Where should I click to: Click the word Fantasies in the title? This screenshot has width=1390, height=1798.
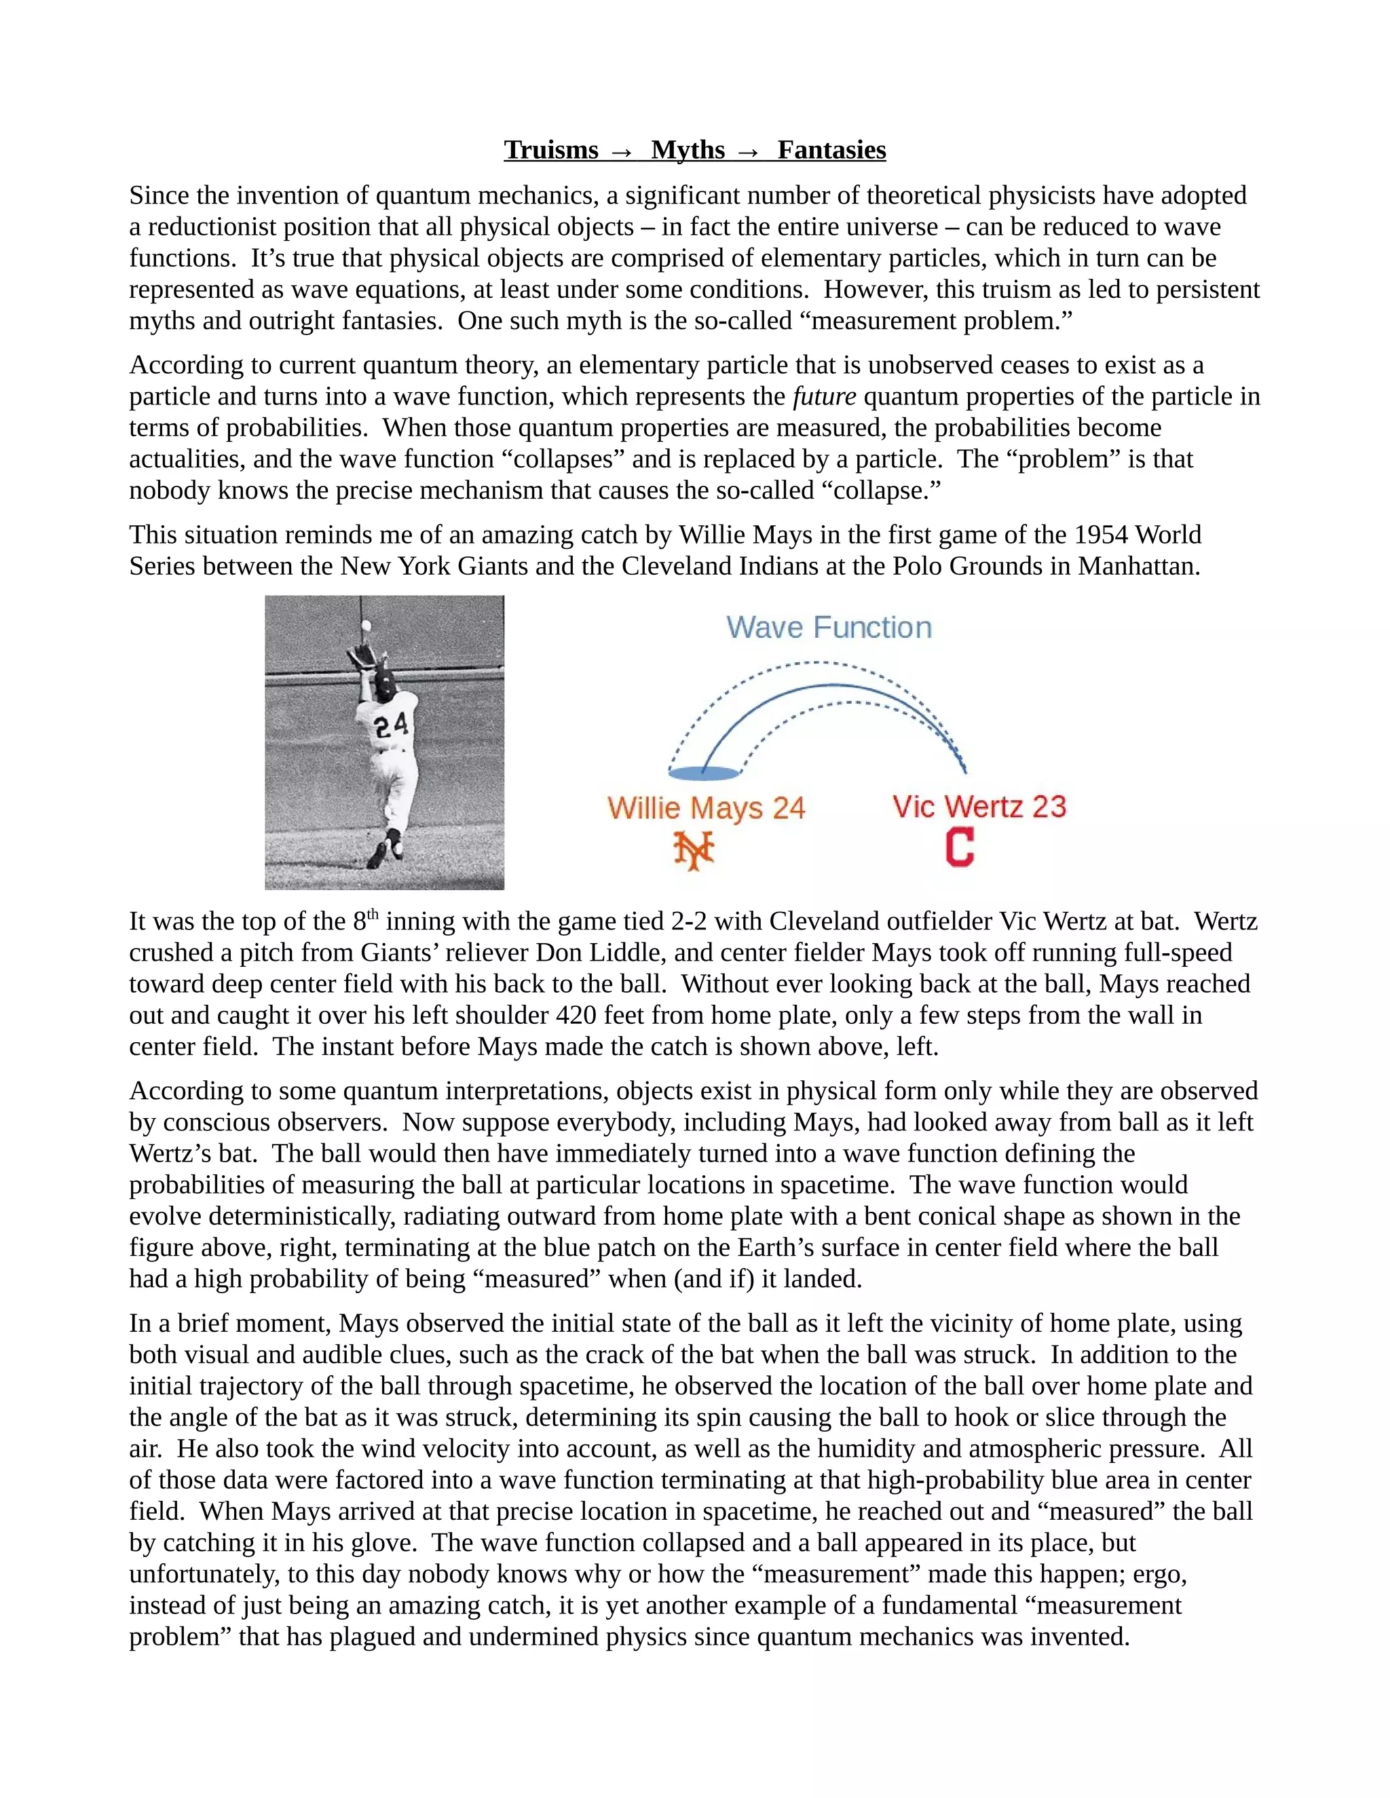click(x=831, y=150)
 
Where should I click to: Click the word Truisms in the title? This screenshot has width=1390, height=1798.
click(x=551, y=150)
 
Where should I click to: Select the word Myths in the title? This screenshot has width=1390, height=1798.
click(x=688, y=150)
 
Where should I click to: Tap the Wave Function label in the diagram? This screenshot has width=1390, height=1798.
click(x=829, y=628)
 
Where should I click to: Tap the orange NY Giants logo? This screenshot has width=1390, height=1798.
click(x=694, y=850)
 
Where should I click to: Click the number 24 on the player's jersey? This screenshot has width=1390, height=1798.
click(x=390, y=725)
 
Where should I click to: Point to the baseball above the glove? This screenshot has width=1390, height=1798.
click(x=366, y=628)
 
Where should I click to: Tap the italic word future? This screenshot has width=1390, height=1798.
click(x=823, y=397)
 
